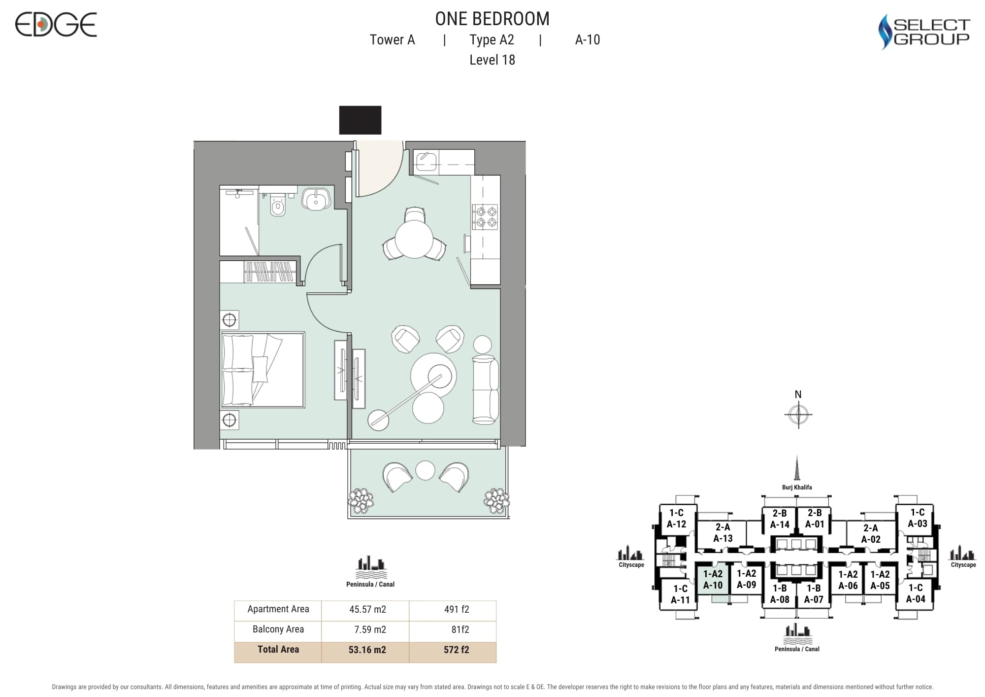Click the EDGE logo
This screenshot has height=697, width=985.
coord(56,25)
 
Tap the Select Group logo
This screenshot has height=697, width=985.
coord(924,32)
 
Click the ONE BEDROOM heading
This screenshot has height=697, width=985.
coord(492,19)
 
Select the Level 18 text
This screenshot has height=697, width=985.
coord(492,60)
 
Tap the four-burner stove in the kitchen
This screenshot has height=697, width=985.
coord(485,217)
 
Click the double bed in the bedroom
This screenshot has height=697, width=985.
coord(263,370)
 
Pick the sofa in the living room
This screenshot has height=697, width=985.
coord(485,389)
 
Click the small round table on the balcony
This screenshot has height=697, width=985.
coord(425,470)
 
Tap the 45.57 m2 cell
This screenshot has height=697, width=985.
coord(367,609)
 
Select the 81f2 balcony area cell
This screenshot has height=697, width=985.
coord(460,629)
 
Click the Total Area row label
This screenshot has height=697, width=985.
coord(278,649)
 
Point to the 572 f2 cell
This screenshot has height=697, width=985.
coord(456,650)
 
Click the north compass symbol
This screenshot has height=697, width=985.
coord(798,414)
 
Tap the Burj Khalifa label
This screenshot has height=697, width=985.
coord(797,487)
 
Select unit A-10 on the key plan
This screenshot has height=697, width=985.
coord(713,580)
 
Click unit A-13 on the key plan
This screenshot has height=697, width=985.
coord(723,533)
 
